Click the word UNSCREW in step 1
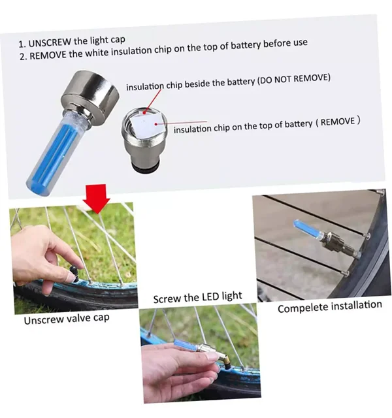[x=50, y=42]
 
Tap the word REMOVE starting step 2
[x=48, y=55]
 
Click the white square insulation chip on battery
[x=146, y=125]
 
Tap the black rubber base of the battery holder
[x=146, y=169]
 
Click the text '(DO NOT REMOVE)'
[x=293, y=78]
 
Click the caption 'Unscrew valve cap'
[x=67, y=319]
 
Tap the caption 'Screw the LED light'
[x=197, y=297]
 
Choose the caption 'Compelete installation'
[x=330, y=307]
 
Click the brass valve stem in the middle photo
[x=226, y=361]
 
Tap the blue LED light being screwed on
[x=186, y=346]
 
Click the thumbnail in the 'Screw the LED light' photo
[x=212, y=357]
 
